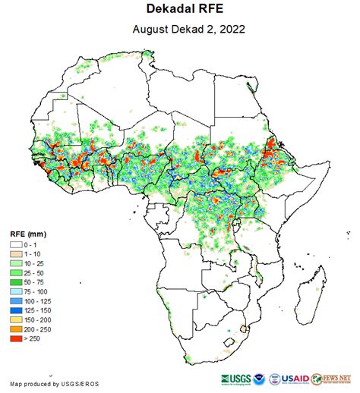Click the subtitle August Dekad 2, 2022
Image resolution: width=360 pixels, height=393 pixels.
(x=180, y=30)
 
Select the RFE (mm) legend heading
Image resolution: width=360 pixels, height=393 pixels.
(x=29, y=234)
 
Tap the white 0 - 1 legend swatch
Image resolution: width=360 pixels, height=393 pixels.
(x=16, y=246)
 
